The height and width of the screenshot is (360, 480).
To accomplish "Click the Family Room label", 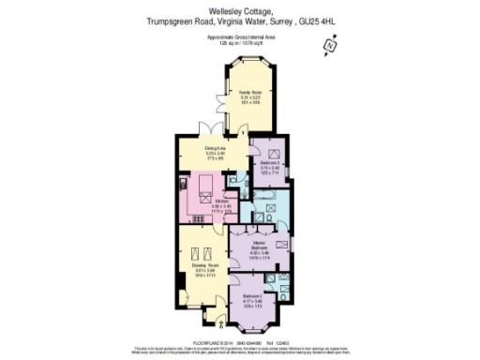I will pyautogui.click(x=247, y=92).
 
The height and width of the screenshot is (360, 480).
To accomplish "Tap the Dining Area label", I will pyautogui.click(x=215, y=149).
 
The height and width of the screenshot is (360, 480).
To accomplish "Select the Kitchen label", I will pyautogui.click(x=222, y=202).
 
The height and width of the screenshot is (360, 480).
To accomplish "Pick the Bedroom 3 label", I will pyautogui.click(x=270, y=165).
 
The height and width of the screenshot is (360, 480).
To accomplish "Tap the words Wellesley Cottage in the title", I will pyautogui.click(x=240, y=10).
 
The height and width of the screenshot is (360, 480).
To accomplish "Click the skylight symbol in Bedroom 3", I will pyautogui.click(x=276, y=153).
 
